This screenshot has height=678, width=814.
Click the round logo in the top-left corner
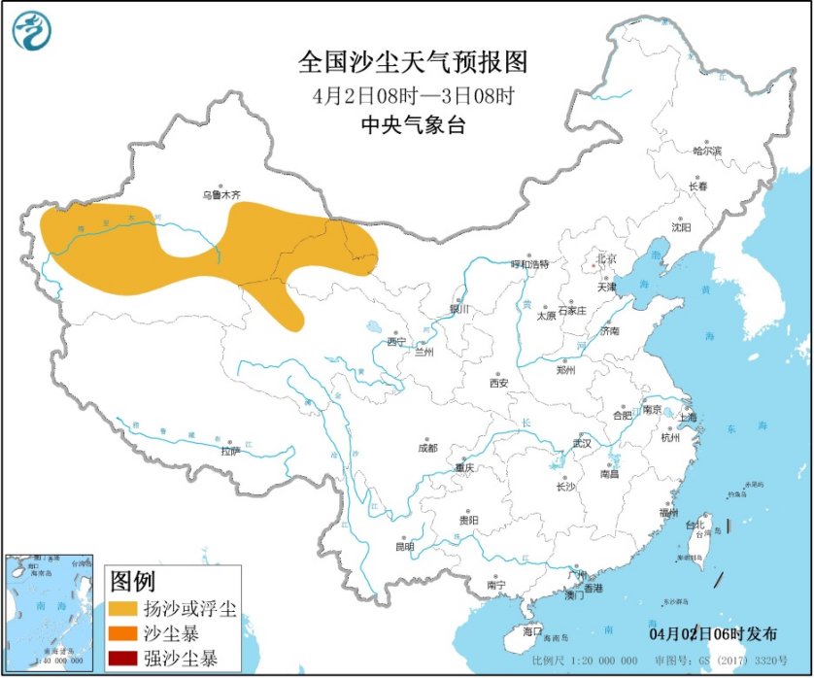pyautogui.click(x=31, y=31)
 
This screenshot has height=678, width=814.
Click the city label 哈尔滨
pyautogui.click(x=707, y=151)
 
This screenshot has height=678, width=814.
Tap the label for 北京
pyautogui.click(x=606, y=258)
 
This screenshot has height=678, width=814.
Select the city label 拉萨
pyautogui.click(x=229, y=451)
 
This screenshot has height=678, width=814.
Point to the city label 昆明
pyautogui.click(x=404, y=546)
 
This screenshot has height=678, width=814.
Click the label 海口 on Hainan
pyautogui.click(x=531, y=631)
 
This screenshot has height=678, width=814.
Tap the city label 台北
pyautogui.click(x=695, y=525)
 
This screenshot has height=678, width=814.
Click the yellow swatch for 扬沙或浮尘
pyautogui.click(x=122, y=610)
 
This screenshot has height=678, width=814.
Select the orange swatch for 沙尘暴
pyautogui.click(x=122, y=635)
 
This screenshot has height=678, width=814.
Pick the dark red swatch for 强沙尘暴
pyautogui.click(x=122, y=660)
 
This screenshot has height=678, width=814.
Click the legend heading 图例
pyautogui.click(x=132, y=582)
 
